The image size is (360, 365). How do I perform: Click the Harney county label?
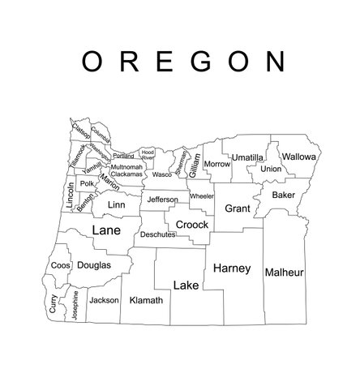pos(232,268)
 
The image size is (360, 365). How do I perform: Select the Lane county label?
pos(108,230)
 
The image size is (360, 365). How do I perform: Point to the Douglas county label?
pos(96,265)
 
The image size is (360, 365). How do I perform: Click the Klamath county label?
pos(146,299)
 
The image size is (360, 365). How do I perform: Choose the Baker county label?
pos(284,195)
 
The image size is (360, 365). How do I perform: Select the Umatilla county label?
pos(247,157)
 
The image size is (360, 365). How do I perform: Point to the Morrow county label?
pos(217,164)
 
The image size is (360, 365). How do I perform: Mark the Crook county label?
pos(192,224)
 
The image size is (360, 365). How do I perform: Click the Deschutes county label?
pos(157,234)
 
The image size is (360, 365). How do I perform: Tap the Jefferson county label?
pos(163,200)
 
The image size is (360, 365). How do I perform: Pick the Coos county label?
pos(61,265)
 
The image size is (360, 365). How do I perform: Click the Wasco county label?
pos(162,174)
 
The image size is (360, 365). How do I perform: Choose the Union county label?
pos(271,169)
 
